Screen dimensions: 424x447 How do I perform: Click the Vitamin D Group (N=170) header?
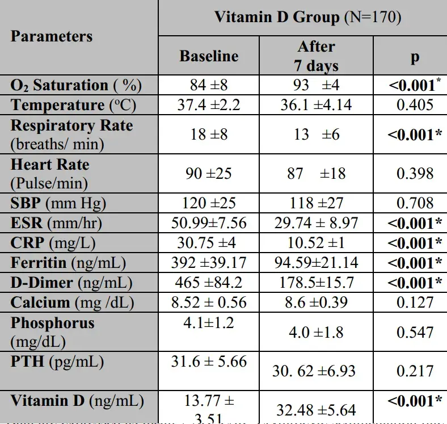pyautogui.click(x=307, y=17)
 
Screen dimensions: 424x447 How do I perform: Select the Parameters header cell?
pyautogui.click(x=52, y=36)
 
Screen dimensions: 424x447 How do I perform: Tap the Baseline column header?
pyautogui.click(x=209, y=56)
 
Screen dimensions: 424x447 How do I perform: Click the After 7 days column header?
pyautogui.click(x=316, y=56)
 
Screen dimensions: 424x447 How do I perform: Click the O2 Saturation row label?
pyautogui.click(x=76, y=86)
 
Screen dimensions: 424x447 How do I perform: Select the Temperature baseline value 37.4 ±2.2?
pyautogui.click(x=209, y=105)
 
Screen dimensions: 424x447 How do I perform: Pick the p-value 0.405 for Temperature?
pyautogui.click(x=415, y=105)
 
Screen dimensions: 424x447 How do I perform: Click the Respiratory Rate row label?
pyautogui.click(x=71, y=134)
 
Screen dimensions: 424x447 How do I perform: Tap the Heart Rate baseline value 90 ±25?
pyautogui.click(x=209, y=173)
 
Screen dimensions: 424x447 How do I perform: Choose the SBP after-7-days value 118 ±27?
pyautogui.click(x=316, y=203)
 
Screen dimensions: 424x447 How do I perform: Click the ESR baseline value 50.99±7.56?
pyautogui.click(x=209, y=223)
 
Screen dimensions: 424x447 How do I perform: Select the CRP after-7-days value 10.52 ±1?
pyautogui.click(x=316, y=243)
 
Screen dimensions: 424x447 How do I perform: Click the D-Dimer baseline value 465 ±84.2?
pyautogui.click(x=209, y=283)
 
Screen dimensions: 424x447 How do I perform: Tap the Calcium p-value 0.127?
pyautogui.click(x=415, y=303)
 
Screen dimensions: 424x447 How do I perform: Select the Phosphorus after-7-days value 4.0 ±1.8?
pyautogui.click(x=316, y=332)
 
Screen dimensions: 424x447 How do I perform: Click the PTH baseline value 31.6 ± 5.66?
pyautogui.click(x=209, y=361)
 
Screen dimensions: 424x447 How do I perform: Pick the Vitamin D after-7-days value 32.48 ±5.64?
pyautogui.click(x=316, y=409)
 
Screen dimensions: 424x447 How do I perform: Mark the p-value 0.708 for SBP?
pyautogui.click(x=415, y=203)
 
